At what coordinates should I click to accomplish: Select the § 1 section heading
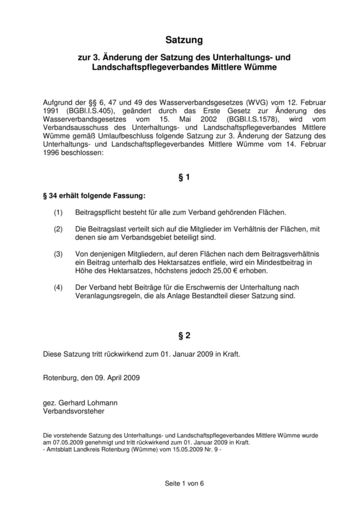pos(184,178)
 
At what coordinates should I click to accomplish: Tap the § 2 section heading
pos(184,335)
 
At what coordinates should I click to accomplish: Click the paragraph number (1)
pos(58,212)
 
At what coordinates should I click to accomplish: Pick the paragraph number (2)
pos(58,229)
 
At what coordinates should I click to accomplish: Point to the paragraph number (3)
pos(58,254)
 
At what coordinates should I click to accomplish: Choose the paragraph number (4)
pos(58,287)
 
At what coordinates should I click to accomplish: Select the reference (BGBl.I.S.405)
pos(82,110)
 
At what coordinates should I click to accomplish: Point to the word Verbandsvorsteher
pos(74,411)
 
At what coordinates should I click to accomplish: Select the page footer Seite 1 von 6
pos(184,484)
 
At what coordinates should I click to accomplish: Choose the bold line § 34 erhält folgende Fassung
pos(94,196)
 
